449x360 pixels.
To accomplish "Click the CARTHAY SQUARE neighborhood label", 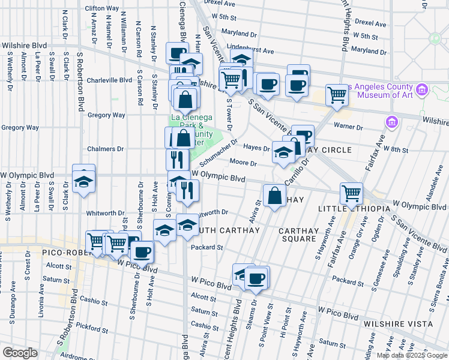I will [298, 234].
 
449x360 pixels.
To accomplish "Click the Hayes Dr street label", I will [256, 148].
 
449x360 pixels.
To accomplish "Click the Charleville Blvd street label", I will [109, 80].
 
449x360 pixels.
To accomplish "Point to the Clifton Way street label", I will [101, 8].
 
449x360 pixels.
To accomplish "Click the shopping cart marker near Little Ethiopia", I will [351, 193].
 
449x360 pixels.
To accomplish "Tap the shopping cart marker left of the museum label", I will [337, 94].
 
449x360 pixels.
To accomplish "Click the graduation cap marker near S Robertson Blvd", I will [83, 182].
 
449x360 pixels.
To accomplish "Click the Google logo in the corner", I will [20, 353].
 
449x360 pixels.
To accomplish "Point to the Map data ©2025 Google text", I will [411, 355].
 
